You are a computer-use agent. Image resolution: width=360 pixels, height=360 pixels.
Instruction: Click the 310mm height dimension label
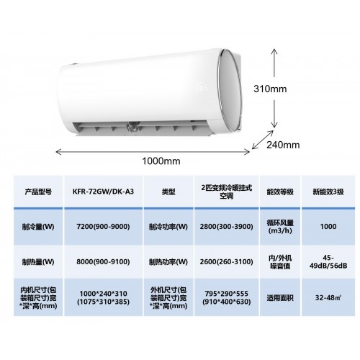270,89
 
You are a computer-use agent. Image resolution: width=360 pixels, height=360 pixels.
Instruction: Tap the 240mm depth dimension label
283,145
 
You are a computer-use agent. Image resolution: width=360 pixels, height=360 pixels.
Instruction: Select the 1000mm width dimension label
161,161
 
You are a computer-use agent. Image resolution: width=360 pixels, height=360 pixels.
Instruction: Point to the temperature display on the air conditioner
201,86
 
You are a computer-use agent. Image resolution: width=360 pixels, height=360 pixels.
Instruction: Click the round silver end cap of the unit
230,91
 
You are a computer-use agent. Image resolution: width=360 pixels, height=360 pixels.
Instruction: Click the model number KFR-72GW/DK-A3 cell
103,192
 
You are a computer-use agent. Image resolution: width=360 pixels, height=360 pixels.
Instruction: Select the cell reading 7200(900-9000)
103,227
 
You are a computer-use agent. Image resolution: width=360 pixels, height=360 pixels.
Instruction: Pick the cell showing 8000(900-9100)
103,261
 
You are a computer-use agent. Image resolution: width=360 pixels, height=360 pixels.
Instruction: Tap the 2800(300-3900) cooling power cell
226,227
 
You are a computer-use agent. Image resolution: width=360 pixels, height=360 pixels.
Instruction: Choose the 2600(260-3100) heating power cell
226,261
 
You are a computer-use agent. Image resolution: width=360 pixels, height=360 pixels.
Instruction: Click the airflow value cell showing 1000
328,227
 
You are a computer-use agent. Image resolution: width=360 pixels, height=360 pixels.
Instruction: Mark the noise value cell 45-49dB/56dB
328,261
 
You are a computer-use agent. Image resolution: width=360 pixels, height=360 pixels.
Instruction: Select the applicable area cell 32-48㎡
328,297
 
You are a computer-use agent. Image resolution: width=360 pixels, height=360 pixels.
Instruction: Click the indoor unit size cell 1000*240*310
103,297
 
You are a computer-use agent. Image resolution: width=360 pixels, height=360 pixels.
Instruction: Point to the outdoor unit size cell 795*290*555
226,297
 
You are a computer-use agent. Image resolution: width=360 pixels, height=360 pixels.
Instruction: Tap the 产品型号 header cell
38,192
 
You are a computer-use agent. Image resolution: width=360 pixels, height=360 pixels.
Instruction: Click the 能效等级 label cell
280,192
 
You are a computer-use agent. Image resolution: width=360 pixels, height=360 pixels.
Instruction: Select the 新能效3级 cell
328,192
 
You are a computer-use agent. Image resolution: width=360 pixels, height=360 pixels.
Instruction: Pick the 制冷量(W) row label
38,227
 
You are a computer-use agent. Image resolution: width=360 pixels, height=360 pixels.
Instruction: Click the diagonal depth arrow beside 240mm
263,140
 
